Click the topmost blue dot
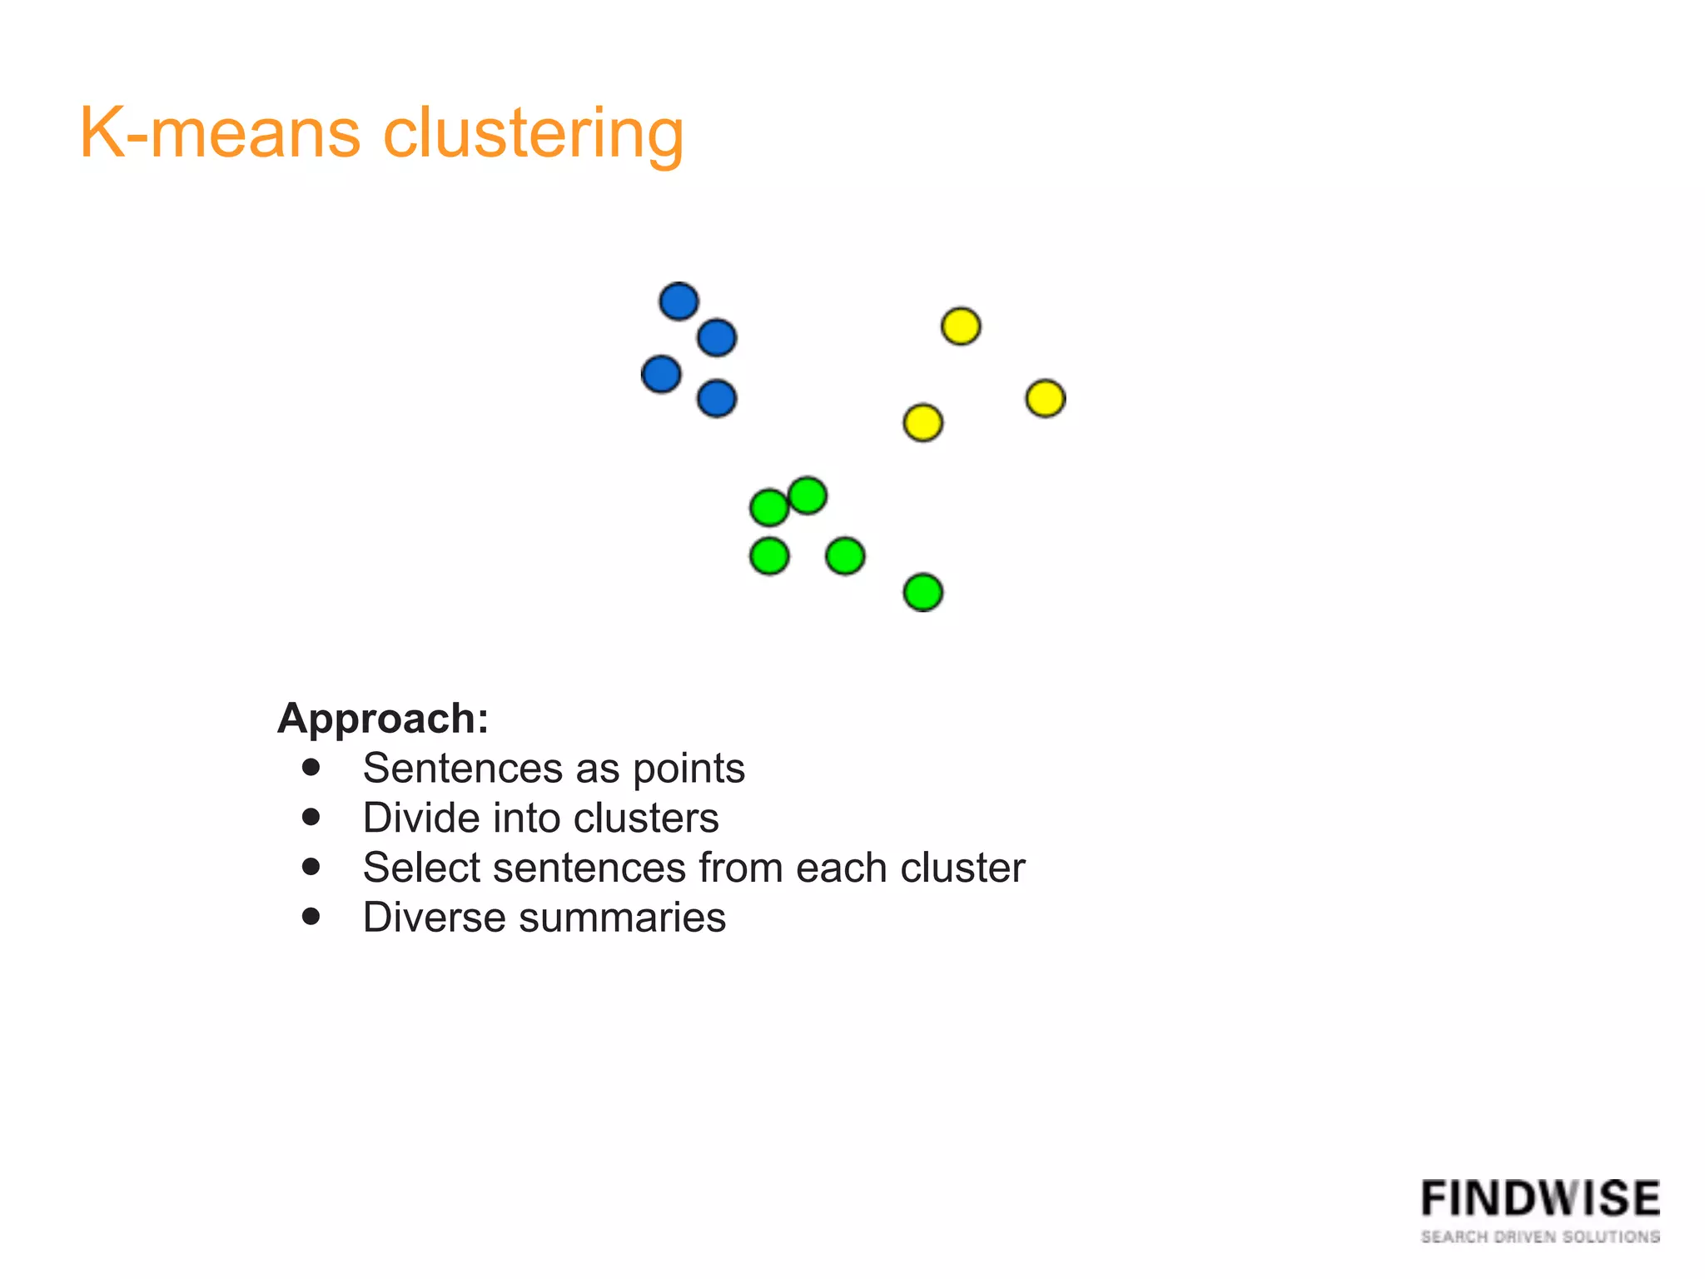point(679,301)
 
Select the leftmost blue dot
point(661,374)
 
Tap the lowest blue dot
point(717,398)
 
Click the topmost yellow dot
point(961,326)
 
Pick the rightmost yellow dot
point(1046,398)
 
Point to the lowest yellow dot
point(922,423)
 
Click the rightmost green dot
point(922,593)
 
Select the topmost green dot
point(807,496)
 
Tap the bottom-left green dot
point(769,556)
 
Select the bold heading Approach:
point(383,718)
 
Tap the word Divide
point(420,818)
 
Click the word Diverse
point(434,918)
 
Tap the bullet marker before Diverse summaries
point(311,917)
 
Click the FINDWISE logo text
point(1540,1199)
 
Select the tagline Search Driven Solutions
point(1540,1237)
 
